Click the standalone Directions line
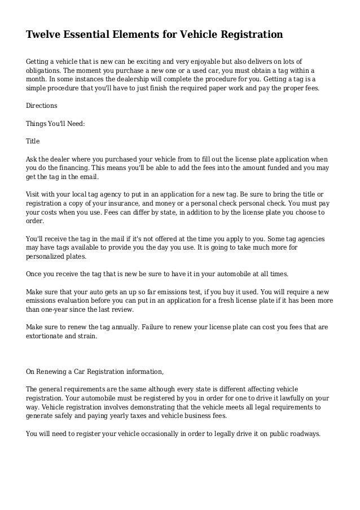[42, 106]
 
